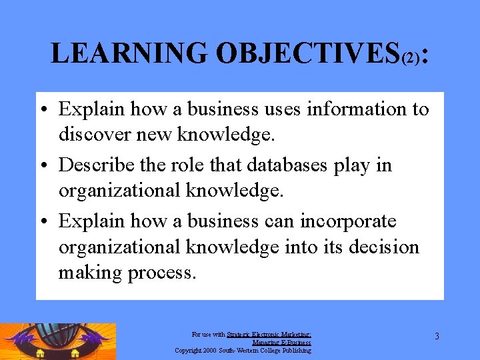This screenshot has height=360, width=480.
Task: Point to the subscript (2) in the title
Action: (411, 59)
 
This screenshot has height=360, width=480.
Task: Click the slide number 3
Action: (437, 336)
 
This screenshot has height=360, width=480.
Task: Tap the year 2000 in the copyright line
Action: (208, 350)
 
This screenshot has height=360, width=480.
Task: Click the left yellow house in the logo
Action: (41, 353)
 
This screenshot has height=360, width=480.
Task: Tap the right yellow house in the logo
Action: (75, 353)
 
